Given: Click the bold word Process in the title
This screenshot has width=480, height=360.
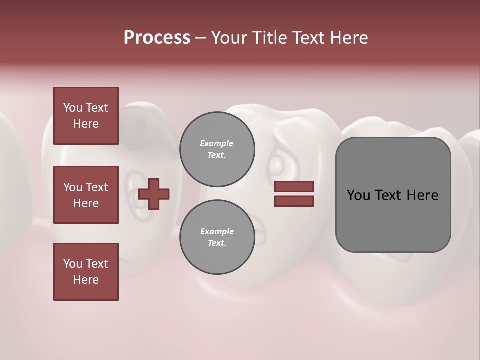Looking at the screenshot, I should pyautogui.click(x=157, y=37).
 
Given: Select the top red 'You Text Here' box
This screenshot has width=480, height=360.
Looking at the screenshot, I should pyautogui.click(x=86, y=116).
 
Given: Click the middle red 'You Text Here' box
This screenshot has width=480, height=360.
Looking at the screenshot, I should pyautogui.click(x=86, y=195).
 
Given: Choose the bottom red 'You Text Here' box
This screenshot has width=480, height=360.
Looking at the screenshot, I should pyautogui.click(x=86, y=271).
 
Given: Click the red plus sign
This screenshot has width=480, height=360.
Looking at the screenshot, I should pyautogui.click(x=154, y=193).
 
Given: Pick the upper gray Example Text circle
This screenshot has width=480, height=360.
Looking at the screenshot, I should pyautogui.click(x=217, y=149).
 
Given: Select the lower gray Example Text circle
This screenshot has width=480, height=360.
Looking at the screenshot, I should pyautogui.click(x=217, y=237).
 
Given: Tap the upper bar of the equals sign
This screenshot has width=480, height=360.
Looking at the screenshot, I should pyautogui.click(x=294, y=186).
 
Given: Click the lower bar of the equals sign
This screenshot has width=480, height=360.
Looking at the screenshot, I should pyautogui.click(x=294, y=201).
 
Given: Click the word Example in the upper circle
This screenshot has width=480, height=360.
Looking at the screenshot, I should pyautogui.click(x=216, y=143).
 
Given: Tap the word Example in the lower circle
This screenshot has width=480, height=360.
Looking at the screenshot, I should pyautogui.click(x=216, y=231).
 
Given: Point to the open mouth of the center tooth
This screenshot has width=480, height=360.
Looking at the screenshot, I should pyautogui.click(x=260, y=232).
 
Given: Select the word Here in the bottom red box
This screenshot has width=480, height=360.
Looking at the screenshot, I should pyautogui.click(x=86, y=280).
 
